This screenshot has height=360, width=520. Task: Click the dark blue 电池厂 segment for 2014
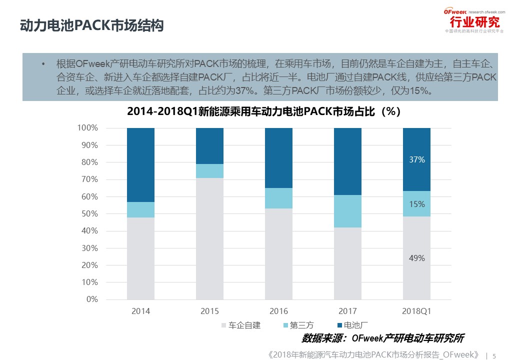click(x=140, y=165)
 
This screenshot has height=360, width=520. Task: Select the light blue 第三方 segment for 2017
click(x=347, y=211)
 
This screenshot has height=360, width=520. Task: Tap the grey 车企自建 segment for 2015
click(x=209, y=238)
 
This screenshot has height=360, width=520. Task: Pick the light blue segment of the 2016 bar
click(x=278, y=198)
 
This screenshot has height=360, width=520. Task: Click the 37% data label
click(x=416, y=160)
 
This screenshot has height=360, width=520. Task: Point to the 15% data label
click(x=416, y=204)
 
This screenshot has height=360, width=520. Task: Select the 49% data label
click(x=416, y=258)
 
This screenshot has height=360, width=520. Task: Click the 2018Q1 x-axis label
click(x=416, y=311)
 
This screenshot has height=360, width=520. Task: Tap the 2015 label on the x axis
click(x=209, y=311)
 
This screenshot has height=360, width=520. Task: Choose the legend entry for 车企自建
click(x=241, y=325)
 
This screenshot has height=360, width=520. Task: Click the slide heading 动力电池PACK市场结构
click(x=92, y=26)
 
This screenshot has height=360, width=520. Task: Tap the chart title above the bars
click(x=264, y=111)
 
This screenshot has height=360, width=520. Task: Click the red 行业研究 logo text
click(x=474, y=22)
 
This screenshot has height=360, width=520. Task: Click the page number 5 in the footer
click(x=494, y=356)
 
